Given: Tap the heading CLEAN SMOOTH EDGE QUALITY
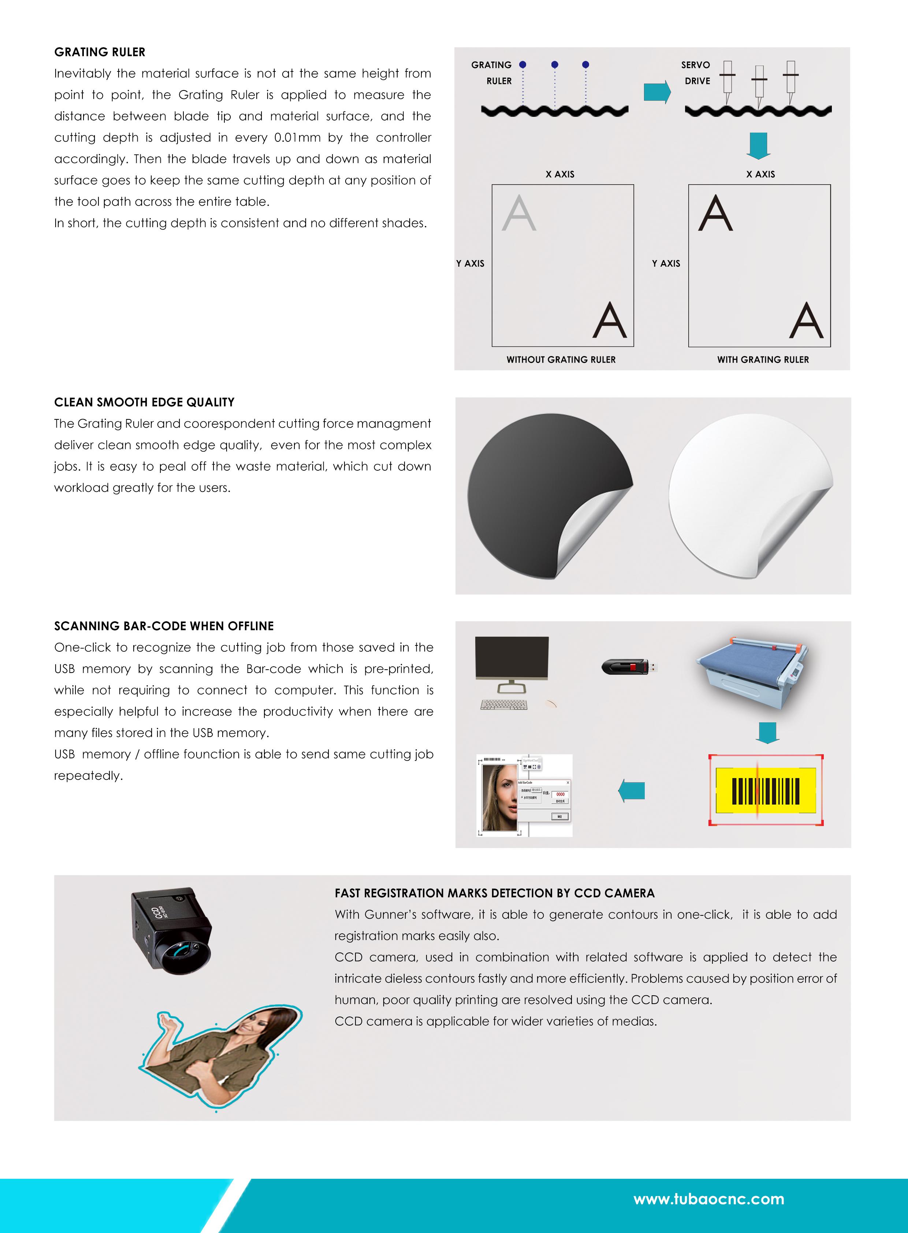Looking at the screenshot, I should (x=144, y=402).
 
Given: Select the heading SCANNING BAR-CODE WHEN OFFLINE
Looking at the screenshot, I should (x=164, y=626).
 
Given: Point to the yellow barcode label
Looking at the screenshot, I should (x=766, y=790).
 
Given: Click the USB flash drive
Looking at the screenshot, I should (x=629, y=667).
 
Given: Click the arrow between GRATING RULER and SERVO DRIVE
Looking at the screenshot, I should (x=657, y=92).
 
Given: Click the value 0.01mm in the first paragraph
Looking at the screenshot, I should (x=297, y=137).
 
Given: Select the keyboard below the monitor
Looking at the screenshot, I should (x=503, y=704).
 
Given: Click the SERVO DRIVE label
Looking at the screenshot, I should (x=696, y=73).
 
